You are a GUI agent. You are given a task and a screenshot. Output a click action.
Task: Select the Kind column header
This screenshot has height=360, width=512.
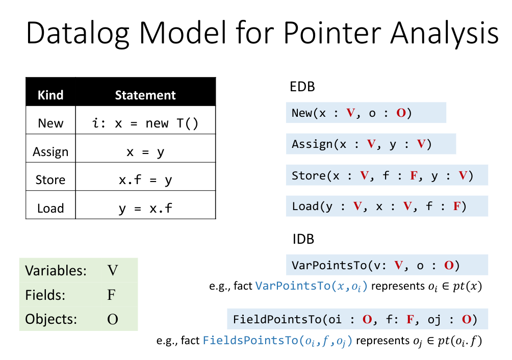[50, 95]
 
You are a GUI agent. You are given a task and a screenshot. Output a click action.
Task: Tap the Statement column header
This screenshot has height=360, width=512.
[145, 95]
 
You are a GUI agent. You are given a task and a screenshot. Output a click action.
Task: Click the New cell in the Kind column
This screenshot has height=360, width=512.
[50, 123]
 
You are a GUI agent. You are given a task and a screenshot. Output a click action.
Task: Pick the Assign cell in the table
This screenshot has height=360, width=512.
[50, 151]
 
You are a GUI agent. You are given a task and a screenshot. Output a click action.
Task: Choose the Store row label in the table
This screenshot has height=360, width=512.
[50, 180]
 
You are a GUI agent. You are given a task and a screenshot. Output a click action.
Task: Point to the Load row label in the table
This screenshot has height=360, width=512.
[50, 208]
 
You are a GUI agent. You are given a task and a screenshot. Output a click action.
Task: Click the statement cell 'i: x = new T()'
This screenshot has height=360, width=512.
[145, 123]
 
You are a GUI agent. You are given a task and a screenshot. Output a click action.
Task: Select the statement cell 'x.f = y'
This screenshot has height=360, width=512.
[145, 180]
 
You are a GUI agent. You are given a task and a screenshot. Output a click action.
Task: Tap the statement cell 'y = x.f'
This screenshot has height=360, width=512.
[145, 208]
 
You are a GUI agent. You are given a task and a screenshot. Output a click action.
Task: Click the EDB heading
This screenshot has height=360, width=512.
[302, 87]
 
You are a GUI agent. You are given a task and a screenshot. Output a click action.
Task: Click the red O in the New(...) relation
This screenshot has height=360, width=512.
[401, 113]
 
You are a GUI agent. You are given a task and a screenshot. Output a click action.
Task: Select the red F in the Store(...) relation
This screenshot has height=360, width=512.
[414, 176]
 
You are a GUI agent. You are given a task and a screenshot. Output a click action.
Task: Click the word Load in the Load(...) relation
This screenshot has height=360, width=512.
[305, 207]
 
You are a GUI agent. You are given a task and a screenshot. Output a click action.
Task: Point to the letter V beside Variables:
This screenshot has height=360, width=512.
[112, 270]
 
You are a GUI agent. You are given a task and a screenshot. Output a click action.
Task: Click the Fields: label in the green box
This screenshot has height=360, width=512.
[46, 295]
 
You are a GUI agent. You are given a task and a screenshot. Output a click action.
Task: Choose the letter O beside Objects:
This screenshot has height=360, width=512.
[112, 319]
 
